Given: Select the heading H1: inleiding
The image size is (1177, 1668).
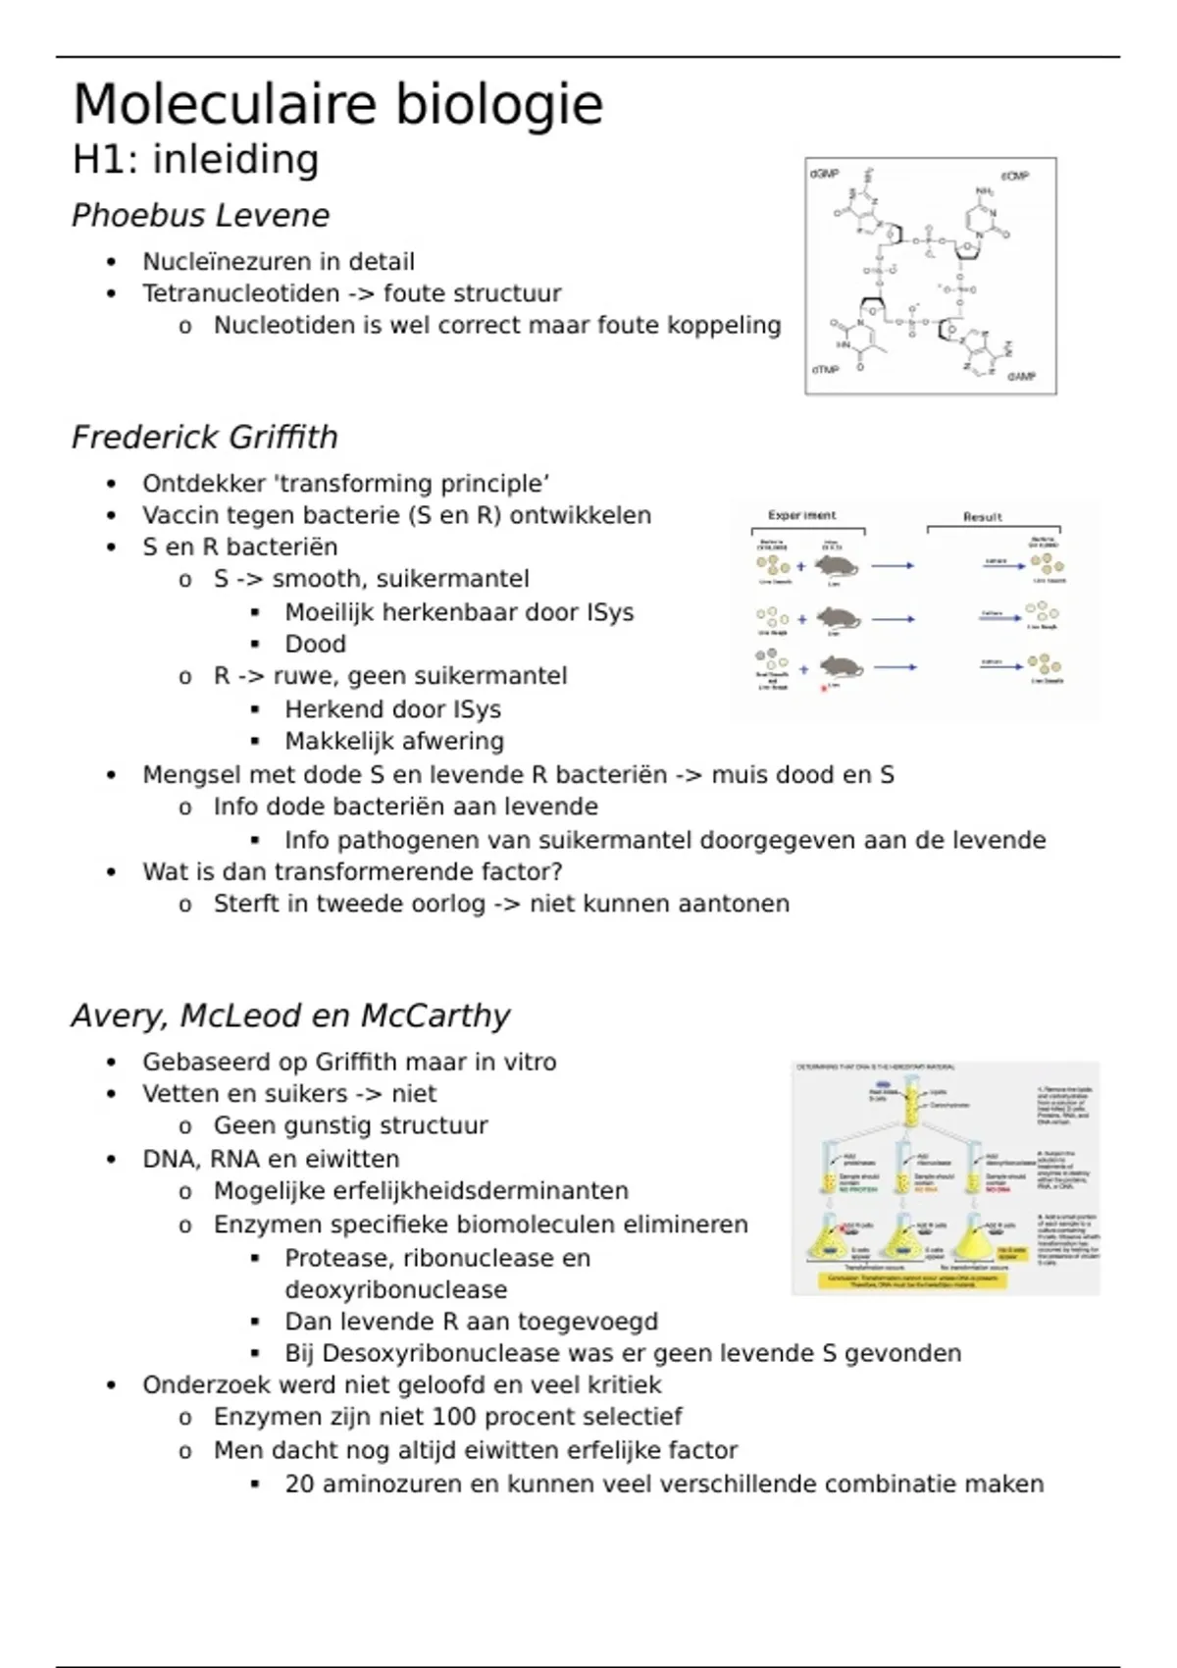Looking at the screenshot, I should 195,160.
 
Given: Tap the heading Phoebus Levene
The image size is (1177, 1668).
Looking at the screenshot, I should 200,216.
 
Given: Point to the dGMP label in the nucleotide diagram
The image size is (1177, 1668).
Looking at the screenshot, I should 824,174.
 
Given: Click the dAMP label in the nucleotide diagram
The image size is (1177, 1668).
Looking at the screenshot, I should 1021,377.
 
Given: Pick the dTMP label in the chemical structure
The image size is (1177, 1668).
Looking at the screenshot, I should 825,370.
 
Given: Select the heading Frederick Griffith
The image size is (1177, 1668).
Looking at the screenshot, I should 204,438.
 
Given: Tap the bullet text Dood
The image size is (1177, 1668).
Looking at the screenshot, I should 315,645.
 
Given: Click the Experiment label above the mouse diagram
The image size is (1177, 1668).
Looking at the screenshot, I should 802,515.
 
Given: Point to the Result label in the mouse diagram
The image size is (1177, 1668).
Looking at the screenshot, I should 982,517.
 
